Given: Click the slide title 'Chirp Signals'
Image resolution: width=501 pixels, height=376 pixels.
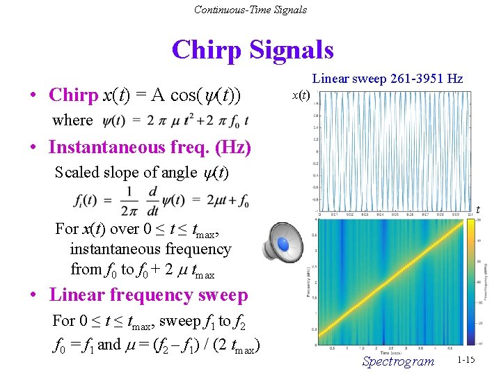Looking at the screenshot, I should pyautogui.click(x=252, y=50).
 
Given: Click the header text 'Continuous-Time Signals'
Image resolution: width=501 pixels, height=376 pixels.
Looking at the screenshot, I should pyautogui.click(x=250, y=9).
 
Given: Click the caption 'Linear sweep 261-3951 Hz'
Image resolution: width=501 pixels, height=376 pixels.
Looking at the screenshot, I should pyautogui.click(x=387, y=79).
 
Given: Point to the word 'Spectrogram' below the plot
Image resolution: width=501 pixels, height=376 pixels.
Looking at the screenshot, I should pyautogui.click(x=398, y=361).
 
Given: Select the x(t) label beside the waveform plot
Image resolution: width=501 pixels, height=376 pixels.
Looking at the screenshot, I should pyautogui.click(x=301, y=94).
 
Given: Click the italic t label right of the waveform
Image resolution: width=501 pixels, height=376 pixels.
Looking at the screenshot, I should pyautogui.click(x=477, y=210).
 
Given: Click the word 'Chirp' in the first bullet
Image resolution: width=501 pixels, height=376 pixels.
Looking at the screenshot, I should pyautogui.click(x=73, y=95).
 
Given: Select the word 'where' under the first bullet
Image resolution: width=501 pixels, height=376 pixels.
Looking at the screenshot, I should pyautogui.click(x=72, y=120).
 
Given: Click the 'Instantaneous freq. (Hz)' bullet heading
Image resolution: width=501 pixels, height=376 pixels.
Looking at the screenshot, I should pyautogui.click(x=150, y=148).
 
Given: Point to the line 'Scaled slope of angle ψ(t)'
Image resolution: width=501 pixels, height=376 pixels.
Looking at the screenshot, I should pyautogui.click(x=142, y=172).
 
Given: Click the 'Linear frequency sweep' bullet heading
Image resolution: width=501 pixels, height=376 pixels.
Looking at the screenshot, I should pyautogui.click(x=148, y=295).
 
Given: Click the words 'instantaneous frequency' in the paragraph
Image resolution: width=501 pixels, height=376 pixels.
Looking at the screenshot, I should pyautogui.click(x=150, y=249).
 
